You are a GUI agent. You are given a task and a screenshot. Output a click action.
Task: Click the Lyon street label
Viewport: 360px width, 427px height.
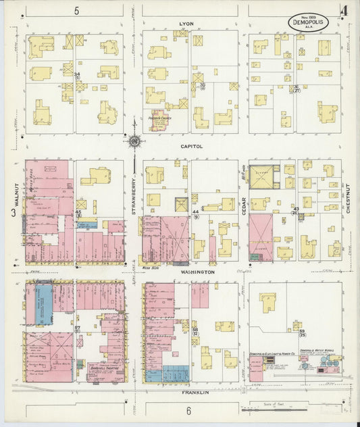pos(186,24)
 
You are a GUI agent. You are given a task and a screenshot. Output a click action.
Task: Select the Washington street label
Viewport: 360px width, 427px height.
pos(197,272)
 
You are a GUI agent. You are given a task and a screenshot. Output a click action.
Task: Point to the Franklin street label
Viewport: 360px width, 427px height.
pos(195,392)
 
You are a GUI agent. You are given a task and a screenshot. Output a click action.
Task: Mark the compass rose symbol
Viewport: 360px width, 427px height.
pos(134,141)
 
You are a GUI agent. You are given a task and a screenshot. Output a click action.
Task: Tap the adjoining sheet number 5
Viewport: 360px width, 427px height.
pos(77,10)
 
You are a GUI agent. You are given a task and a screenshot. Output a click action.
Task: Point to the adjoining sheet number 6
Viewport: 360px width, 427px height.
pos(188,410)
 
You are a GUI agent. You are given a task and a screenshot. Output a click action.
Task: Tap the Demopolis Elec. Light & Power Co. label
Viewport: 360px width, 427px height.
pos(272,354)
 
